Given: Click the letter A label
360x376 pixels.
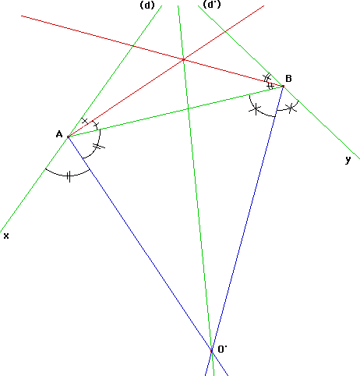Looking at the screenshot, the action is (59, 134).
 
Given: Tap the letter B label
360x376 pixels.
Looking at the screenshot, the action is (288, 78).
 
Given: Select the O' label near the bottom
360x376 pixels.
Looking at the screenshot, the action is (222, 349).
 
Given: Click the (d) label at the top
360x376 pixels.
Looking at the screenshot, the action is (147, 5).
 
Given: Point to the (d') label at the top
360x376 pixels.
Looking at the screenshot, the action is (212, 5).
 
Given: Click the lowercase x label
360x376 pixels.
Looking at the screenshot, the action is (6, 236).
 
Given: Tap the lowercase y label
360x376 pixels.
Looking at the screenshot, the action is (348, 159).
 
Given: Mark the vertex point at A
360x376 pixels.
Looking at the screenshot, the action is (68, 137).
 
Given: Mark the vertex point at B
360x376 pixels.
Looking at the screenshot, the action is (283, 86).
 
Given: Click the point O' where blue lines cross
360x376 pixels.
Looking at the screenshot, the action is (211, 351).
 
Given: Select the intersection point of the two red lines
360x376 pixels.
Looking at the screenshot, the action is (184, 59).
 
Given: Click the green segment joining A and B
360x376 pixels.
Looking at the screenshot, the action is (175, 112).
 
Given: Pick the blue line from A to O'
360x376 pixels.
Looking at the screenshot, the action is (139, 244).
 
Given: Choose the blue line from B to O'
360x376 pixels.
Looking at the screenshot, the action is (247, 218).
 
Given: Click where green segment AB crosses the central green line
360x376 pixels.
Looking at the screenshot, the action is (189, 108).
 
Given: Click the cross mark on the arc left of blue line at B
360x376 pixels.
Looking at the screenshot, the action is (256, 109).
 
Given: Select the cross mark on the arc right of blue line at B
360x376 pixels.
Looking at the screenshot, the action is (291, 108).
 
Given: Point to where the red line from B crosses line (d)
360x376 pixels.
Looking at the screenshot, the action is (133, 46).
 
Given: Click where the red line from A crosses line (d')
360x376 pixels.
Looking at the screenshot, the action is (225, 31).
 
